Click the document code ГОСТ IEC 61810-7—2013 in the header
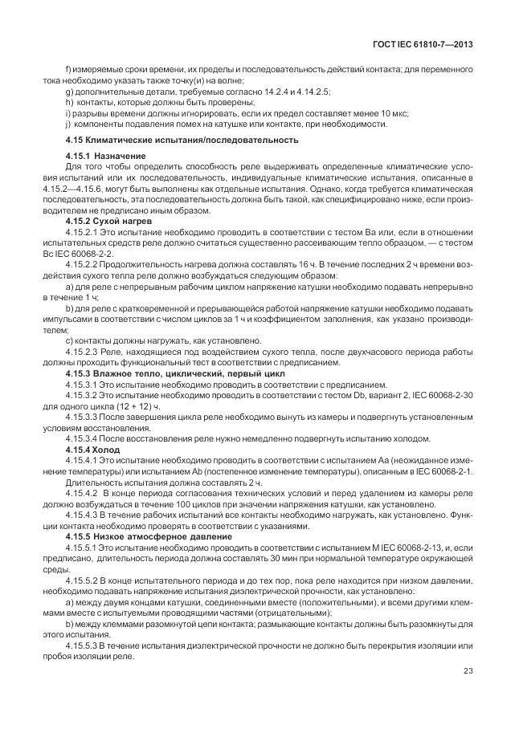pos(422,44)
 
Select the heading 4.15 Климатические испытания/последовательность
pos(182,139)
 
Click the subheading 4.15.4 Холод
pos(92,450)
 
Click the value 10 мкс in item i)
pos(390,113)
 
